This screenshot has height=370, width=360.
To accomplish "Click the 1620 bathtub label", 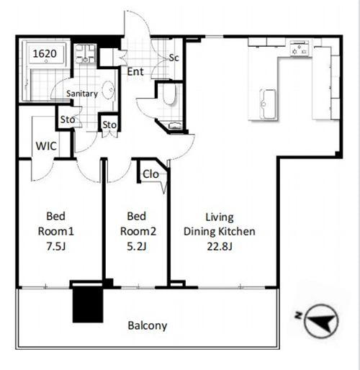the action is [45, 53].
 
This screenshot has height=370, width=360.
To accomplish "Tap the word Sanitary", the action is [82, 94].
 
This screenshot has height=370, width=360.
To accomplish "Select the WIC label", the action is [46, 146].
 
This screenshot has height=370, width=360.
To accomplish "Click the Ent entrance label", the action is [135, 71].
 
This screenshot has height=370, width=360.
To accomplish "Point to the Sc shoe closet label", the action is [174, 58].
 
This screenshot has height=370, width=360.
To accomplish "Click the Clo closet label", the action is [150, 174].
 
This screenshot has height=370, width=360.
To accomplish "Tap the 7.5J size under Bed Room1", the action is [55, 246].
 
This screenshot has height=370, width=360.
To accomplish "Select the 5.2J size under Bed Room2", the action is [137, 246].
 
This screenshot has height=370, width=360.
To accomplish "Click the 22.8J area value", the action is [220, 246].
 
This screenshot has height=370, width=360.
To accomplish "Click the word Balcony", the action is [148, 325].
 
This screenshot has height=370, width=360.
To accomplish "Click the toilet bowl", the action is [169, 94].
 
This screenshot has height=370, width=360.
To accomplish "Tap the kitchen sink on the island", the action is [268, 104].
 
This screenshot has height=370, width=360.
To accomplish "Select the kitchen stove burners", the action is [299, 49].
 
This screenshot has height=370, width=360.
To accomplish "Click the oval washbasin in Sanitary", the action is [108, 90].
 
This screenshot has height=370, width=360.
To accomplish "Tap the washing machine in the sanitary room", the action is [85, 54].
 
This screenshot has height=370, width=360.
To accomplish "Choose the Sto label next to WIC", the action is [68, 119].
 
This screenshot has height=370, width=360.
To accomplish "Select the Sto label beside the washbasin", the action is [109, 125].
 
